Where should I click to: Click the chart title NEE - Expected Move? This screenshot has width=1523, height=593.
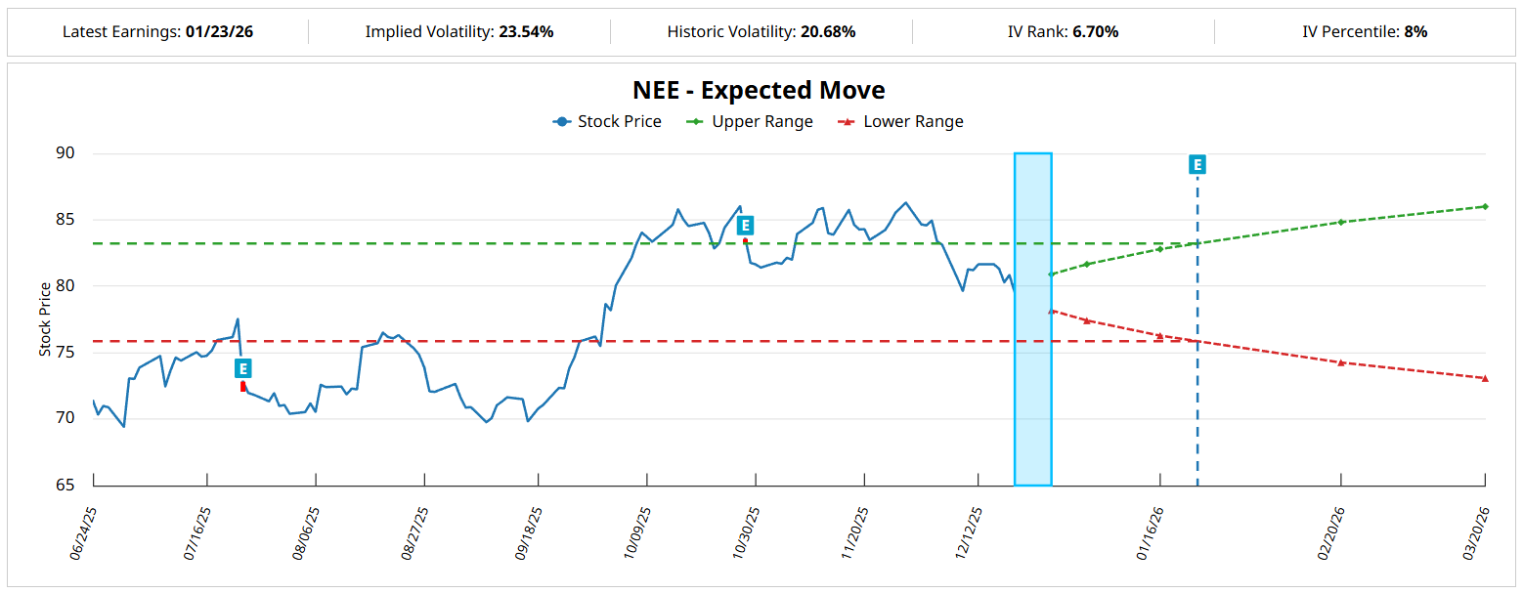pos(759,91)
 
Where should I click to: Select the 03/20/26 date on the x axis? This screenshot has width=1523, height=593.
pos(1476,532)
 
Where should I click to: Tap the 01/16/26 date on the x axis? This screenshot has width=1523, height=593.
pos(1151,532)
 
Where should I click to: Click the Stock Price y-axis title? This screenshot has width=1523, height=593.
pos(45,319)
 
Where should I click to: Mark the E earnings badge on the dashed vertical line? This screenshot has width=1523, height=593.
pos(1197,164)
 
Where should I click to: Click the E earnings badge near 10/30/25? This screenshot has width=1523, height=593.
pos(745,226)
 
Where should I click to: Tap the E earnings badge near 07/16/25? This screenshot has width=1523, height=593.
pos(243,368)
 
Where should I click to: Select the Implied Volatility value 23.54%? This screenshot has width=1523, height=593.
pos(526,32)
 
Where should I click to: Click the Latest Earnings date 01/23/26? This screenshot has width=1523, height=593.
pos(219,32)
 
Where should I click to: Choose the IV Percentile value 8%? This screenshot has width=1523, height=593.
pos(1415,32)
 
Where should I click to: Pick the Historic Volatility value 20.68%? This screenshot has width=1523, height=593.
pos(828,32)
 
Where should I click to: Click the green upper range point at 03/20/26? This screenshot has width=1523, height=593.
pos(1485,206)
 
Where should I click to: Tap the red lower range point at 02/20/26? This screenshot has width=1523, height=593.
pos(1341,362)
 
